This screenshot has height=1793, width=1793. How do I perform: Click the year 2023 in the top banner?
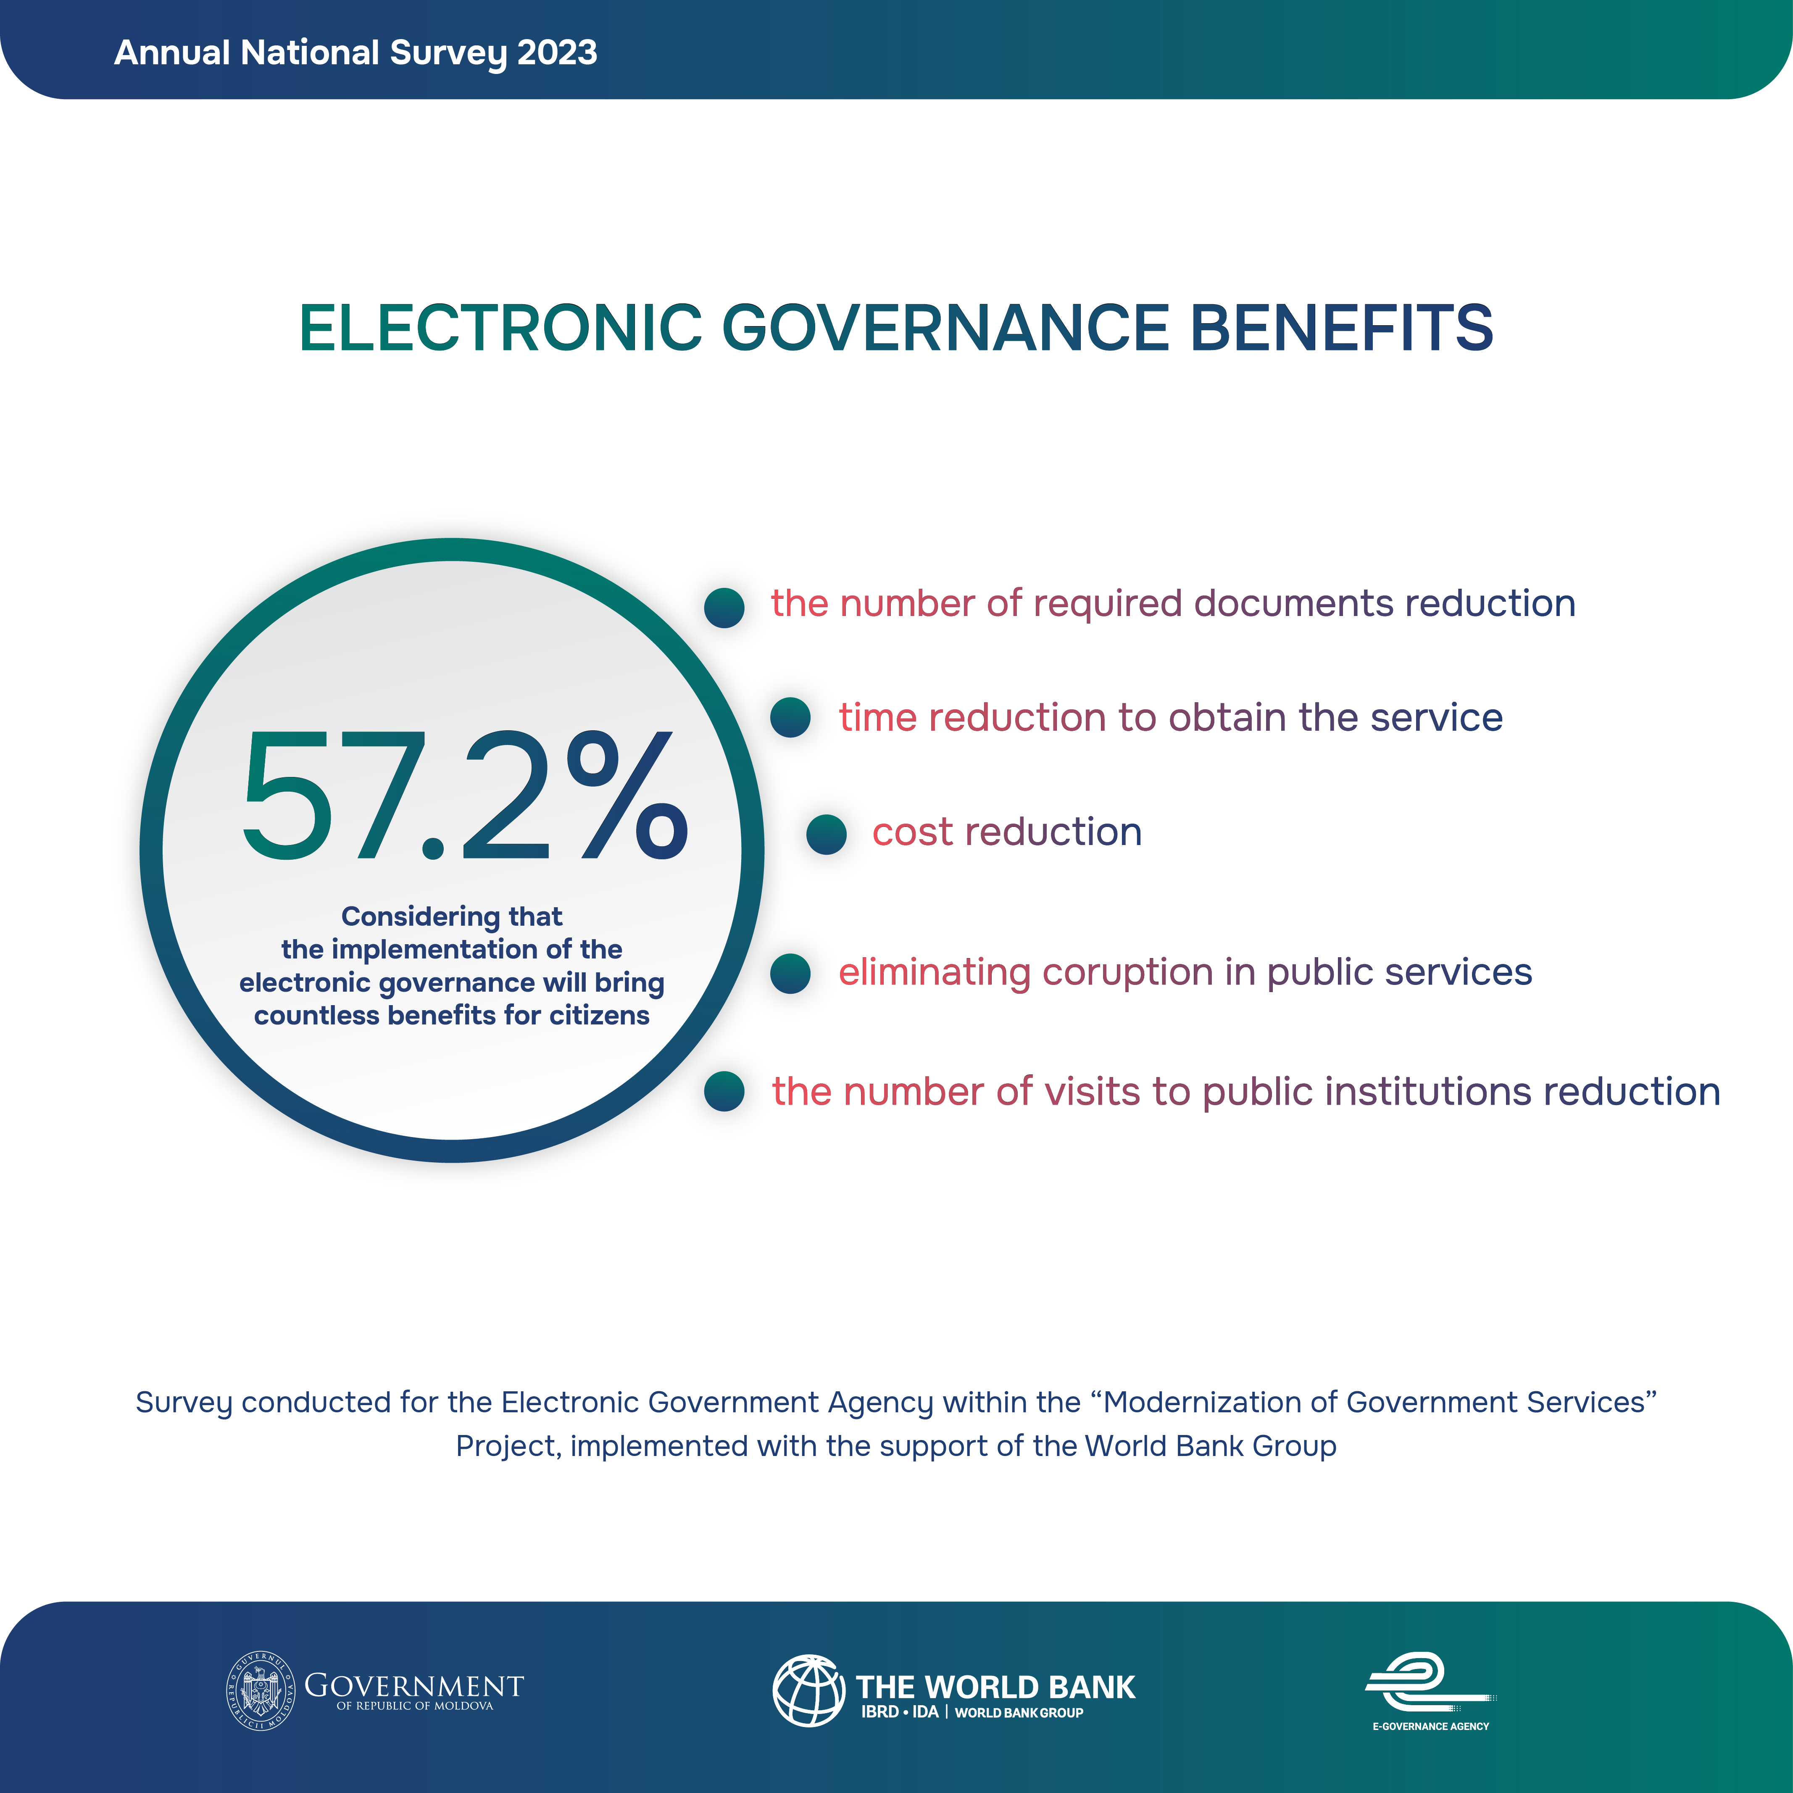tap(557, 53)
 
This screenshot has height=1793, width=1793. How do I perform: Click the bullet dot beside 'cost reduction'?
tap(826, 835)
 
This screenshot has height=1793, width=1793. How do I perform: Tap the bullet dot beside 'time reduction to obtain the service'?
tap(791, 717)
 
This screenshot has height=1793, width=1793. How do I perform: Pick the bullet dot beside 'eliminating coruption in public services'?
tap(791, 974)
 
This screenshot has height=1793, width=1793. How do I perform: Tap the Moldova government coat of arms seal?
tap(261, 1691)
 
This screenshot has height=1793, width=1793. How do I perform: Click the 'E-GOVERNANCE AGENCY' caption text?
tap(1430, 1726)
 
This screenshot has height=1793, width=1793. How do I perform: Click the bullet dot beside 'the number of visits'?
tap(724, 1091)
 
